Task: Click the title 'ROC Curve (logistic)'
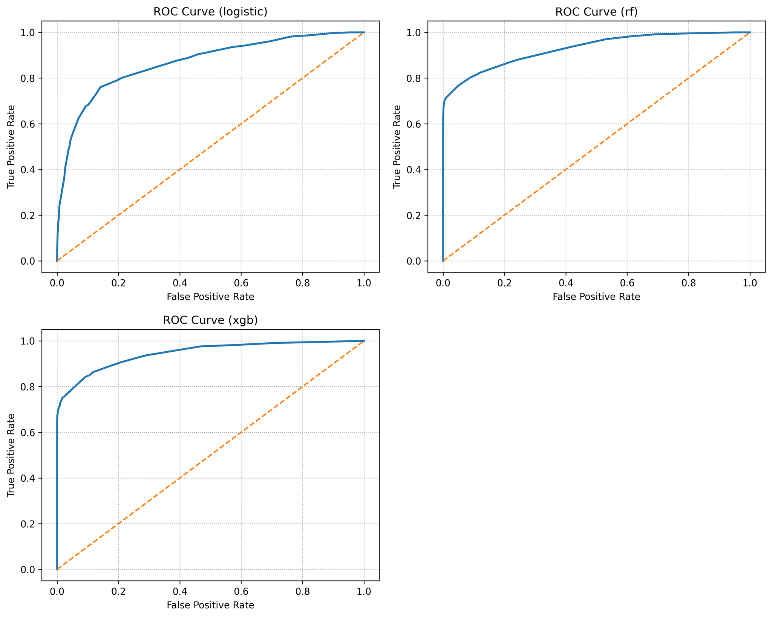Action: [210, 12]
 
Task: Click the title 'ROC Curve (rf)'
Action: [596, 12]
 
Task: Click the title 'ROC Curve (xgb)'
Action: [210, 320]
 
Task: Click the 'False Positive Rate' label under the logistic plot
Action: [210, 297]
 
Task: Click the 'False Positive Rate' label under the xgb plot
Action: [210, 605]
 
